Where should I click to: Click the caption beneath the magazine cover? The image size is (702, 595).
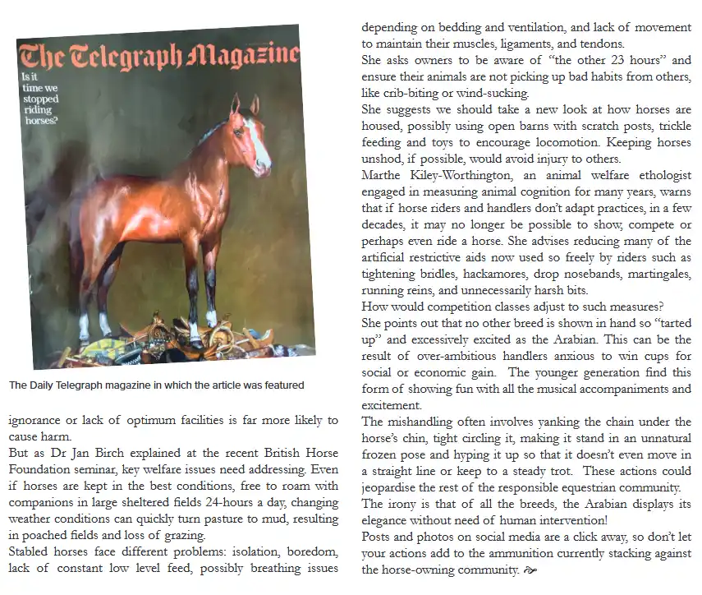click(157, 385)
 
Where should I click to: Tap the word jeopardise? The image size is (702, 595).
click(391, 487)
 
